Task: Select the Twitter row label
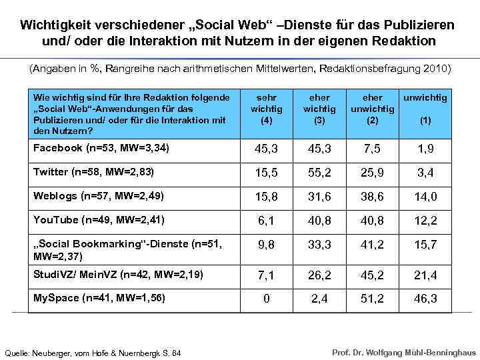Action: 93,172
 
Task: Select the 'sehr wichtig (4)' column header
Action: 266,109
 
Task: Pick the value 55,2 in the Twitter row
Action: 319,173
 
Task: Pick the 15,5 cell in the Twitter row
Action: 266,173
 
